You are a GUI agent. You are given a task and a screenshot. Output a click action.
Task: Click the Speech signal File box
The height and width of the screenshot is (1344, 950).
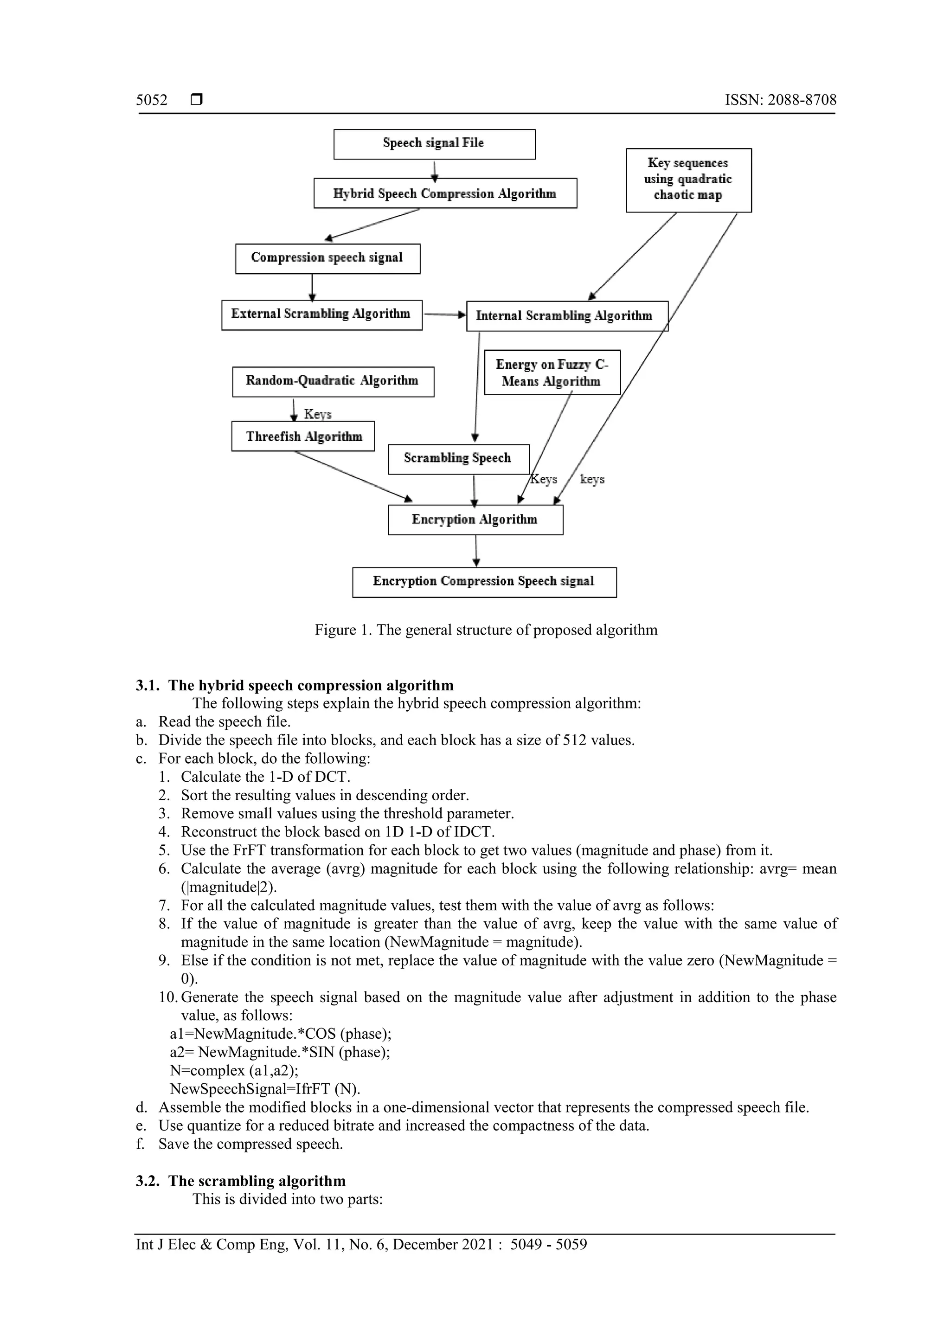coord(434,144)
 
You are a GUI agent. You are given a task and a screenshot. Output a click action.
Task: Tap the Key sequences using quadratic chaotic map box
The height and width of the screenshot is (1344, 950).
coord(688,180)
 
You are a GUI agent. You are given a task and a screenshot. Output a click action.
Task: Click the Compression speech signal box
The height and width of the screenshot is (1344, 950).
coord(327,258)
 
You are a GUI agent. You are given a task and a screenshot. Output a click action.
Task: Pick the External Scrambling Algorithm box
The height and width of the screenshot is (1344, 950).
coord(321,315)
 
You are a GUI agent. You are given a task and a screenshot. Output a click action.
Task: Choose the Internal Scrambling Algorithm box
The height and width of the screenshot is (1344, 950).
coord(566,316)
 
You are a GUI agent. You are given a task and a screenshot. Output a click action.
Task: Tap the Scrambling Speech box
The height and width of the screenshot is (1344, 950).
coord(458,459)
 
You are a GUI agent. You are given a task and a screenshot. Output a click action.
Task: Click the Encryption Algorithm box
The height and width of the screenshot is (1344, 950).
coord(475,520)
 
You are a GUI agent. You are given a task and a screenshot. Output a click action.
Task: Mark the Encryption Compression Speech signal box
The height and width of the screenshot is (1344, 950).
coord(484,582)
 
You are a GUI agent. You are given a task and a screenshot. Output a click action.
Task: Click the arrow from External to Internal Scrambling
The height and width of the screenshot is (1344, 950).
coord(443,315)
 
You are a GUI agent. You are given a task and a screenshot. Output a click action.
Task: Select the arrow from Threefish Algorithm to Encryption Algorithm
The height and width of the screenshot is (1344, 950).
coord(351,476)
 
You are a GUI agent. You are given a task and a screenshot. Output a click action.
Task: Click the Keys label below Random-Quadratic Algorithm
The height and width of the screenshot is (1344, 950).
coord(318,414)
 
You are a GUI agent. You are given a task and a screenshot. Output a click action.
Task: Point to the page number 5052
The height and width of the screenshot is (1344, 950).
coord(152,100)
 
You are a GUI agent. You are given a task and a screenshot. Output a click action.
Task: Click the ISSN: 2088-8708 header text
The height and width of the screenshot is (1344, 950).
coord(780,100)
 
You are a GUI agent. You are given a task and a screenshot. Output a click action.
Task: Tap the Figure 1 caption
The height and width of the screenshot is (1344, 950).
coord(486,630)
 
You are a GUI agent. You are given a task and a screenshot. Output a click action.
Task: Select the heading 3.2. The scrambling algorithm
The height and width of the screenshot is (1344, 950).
coord(241,1181)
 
